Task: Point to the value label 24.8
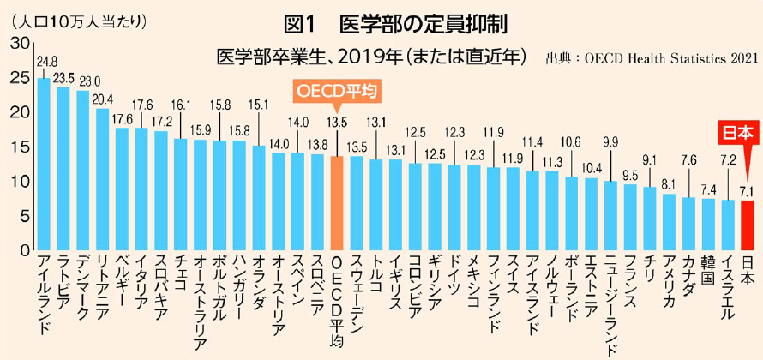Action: [47, 62]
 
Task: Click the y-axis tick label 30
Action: [16, 41]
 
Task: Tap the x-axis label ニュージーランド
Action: [610, 304]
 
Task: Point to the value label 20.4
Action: [103, 98]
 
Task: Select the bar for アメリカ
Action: [669, 223]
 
